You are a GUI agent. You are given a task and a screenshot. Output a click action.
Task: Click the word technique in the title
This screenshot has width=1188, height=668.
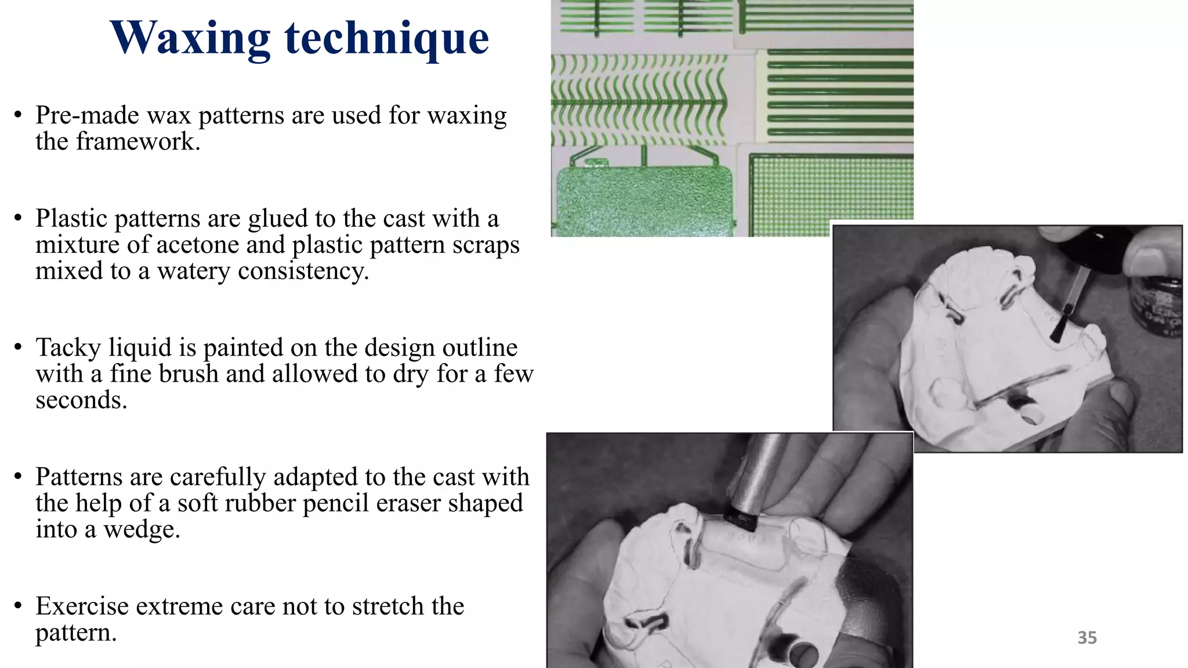(x=386, y=38)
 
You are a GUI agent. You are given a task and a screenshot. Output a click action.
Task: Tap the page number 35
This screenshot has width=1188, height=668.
(x=1086, y=637)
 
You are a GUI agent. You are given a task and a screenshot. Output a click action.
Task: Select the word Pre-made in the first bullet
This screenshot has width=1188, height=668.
(x=87, y=115)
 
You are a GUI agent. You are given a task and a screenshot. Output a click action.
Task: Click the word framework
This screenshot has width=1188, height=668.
(x=137, y=141)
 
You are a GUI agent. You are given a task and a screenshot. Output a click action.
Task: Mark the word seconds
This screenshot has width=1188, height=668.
(x=81, y=400)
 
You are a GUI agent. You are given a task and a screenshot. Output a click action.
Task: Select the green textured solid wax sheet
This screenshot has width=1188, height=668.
(x=644, y=200)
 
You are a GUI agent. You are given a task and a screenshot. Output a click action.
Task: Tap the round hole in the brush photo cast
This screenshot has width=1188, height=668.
(x=1032, y=415)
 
